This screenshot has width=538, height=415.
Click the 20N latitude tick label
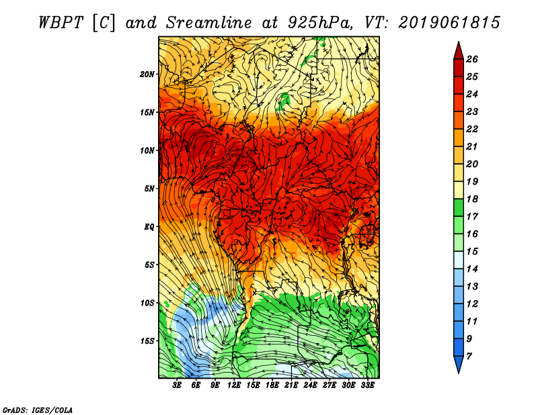147,74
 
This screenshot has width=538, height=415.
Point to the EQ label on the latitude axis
149,226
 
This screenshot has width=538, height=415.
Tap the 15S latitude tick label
147,340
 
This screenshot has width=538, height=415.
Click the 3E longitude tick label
178,385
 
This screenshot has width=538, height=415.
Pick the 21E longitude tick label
292,385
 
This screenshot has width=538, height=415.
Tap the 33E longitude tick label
368,385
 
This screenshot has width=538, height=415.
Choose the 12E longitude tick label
235,385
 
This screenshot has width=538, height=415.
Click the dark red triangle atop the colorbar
457,50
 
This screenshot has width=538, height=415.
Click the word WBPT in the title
61,21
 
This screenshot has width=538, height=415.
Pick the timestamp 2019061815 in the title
449,21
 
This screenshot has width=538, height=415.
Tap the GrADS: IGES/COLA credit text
37,409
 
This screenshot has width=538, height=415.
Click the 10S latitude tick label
147,303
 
